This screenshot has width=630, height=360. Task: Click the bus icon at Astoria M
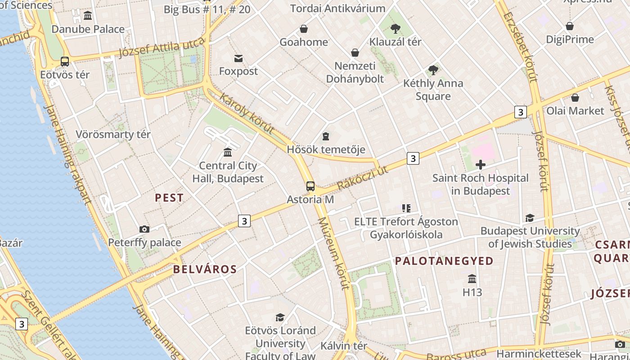coord(310,186)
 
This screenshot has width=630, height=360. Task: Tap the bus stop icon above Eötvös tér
coord(65,62)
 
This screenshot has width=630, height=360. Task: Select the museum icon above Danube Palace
coord(88,16)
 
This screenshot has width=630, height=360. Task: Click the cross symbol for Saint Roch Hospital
coord(481,165)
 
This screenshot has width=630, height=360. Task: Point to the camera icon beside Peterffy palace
coord(144,229)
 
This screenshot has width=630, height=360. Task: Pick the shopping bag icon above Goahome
coord(304,29)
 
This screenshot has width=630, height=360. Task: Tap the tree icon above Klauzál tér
coord(396,29)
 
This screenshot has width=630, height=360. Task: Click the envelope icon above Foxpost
coord(238,58)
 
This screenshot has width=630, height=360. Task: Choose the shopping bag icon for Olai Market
coord(575,98)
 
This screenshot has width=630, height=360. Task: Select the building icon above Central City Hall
coord(228,153)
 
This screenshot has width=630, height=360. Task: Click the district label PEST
coord(169,198)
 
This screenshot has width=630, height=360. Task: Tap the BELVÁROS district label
coord(205,270)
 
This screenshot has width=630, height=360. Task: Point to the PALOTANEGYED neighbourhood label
coord(444,261)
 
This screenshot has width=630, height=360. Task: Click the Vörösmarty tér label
coord(113,135)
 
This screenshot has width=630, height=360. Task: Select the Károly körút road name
coord(247,113)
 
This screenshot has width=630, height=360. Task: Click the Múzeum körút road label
coord(333,253)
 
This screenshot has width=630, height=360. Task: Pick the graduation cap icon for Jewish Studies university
coord(530,218)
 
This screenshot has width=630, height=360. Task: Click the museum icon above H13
coord(472,279)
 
